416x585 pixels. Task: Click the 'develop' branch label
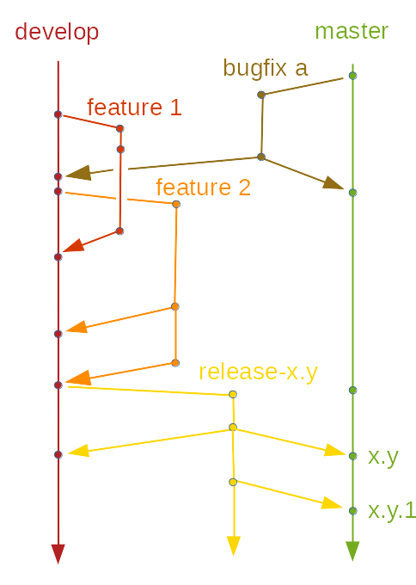[x=57, y=32]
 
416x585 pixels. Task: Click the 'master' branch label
[x=352, y=31]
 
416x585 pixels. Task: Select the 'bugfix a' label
[x=265, y=67]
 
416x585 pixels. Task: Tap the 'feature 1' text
[x=134, y=107]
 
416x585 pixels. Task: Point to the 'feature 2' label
[x=203, y=187]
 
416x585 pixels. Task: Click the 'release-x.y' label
[x=258, y=371]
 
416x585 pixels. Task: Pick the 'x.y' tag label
[x=382, y=456]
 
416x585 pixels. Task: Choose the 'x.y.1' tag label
[x=392, y=510]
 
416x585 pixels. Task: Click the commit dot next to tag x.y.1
[x=352, y=511]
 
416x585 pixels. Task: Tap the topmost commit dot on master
[x=352, y=76]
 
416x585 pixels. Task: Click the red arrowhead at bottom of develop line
[x=58, y=553]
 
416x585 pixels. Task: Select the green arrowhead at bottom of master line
[x=352, y=551]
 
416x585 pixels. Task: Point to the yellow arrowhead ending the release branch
[x=233, y=545]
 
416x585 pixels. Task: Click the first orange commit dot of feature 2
[x=176, y=204]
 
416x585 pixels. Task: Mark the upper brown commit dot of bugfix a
[x=260, y=95]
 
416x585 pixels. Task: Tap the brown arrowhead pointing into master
[x=333, y=182]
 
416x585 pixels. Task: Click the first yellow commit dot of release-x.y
[x=233, y=394]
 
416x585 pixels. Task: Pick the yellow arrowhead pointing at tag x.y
[x=334, y=450]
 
